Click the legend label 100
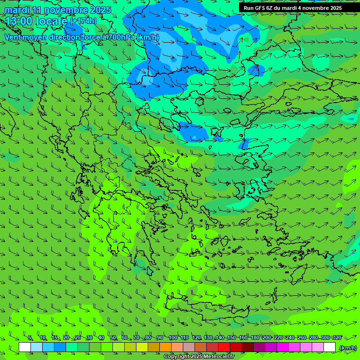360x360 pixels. click(173, 338)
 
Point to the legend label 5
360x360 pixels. click(30, 338)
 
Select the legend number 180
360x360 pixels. click(255, 338)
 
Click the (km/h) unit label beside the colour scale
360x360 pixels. click(348, 348)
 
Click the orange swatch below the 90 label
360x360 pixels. click(165, 347)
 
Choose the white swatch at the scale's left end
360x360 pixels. click(25, 347)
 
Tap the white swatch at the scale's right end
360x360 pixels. click(330, 347)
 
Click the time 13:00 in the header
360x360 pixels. click(19, 21)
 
